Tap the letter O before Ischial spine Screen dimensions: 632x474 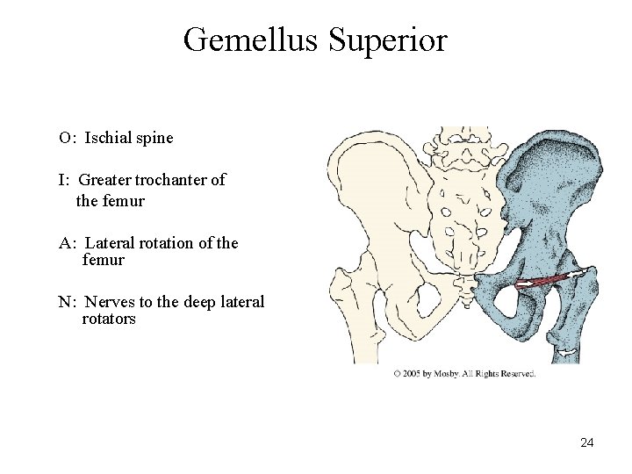(65, 138)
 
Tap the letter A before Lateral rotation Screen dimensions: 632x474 (66, 243)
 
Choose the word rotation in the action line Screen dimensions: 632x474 (167, 243)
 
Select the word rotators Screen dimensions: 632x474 (109, 319)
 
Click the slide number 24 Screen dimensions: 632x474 (587, 442)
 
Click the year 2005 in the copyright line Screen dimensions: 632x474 (415, 374)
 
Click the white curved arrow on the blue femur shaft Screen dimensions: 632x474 (566, 353)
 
